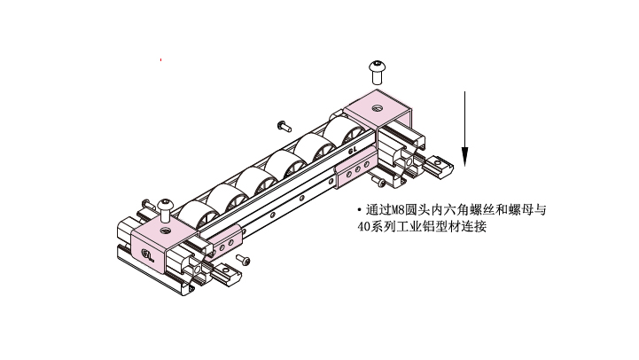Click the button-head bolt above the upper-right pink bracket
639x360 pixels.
pos(378,72)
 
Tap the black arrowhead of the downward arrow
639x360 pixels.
pos(464,157)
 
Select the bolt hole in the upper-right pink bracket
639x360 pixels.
pos(378,108)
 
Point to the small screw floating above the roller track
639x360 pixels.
pos(284,127)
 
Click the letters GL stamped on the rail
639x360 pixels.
pos(353,150)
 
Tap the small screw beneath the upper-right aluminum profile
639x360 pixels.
pos(379,181)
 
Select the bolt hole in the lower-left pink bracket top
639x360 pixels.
pos(165,231)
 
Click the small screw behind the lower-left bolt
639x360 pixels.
pos(148,204)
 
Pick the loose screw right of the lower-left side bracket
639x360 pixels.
pos(244,260)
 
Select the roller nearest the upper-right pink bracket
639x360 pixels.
pos(343,129)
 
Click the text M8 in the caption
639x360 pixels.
pos(397,210)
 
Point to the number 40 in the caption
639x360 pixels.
pos(363,227)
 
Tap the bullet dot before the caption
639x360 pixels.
pos(359,210)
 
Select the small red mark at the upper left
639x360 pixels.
pos(161,60)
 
